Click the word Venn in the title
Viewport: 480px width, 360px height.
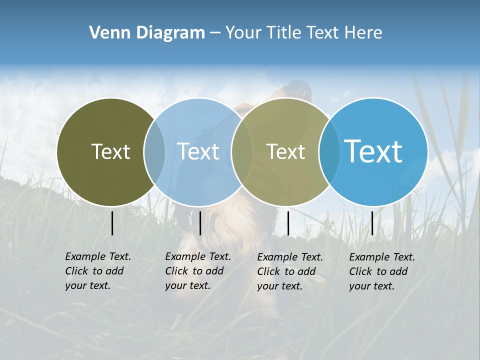pos(106,33)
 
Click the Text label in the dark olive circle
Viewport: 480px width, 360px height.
pos(110,151)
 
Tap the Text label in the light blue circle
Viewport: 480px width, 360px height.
pos(198,151)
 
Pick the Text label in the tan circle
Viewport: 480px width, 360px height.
pos(285,152)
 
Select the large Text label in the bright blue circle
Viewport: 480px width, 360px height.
pos(373,151)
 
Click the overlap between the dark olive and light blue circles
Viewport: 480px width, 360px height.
pos(154,152)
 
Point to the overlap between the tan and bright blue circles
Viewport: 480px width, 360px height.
pos(328,152)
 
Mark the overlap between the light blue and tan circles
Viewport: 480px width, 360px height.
pos(241,152)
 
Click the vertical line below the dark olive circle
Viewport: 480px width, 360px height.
pos(112,223)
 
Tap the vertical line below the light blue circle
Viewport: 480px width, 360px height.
pos(200,223)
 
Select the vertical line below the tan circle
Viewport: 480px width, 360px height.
pos(288,223)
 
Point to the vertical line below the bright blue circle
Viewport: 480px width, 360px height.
pos(372,223)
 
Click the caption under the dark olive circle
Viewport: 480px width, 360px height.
pos(98,271)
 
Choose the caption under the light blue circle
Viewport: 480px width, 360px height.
pos(198,271)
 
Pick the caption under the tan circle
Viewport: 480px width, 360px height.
pos(290,271)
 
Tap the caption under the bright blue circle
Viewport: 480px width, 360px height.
pos(382,271)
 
